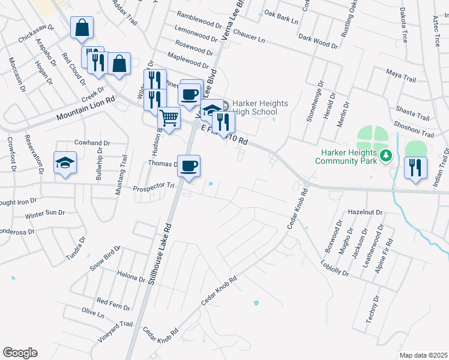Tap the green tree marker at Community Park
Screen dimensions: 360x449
pyautogui.click(x=387, y=156)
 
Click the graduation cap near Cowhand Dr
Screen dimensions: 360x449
pyautogui.click(x=65, y=163)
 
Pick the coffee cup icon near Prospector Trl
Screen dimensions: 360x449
pyautogui.click(x=188, y=165)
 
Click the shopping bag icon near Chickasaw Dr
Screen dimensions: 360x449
pyautogui.click(x=82, y=28)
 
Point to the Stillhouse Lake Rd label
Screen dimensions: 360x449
pyautogui.click(x=159, y=254)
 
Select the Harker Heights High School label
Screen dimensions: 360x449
pyautogui.click(x=256, y=107)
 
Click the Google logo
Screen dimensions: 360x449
pyautogui.click(x=20, y=353)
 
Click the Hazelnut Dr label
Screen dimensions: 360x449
pyautogui.click(x=365, y=212)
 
